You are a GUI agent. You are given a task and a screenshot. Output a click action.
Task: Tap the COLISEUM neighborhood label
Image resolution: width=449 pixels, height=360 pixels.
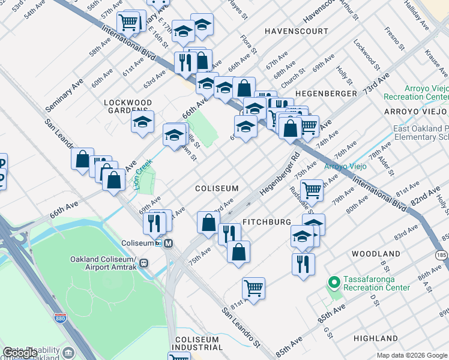tap(217, 188)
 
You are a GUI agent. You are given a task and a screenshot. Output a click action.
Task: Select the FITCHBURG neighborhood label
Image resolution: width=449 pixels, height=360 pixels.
tap(267, 222)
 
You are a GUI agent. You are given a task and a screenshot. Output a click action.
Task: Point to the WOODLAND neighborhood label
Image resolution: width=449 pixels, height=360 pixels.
tap(376, 254)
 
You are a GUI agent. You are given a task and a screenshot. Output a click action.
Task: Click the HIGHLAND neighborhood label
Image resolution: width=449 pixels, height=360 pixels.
tap(376, 338)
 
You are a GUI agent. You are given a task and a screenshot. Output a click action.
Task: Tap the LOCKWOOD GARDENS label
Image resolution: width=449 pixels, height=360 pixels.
tap(128, 106)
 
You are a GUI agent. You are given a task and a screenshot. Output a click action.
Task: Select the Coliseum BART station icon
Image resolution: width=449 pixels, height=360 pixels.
tap(169, 243)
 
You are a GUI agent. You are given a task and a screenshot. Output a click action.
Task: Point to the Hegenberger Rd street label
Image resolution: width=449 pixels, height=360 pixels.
tap(280, 175)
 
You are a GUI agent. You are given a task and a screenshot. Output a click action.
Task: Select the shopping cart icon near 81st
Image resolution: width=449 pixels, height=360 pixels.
tap(254, 288)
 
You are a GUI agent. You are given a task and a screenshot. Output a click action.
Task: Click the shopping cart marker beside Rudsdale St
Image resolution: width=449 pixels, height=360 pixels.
tap(312, 190)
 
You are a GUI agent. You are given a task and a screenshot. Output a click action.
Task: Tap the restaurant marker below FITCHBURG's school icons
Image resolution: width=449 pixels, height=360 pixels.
tap(303, 263)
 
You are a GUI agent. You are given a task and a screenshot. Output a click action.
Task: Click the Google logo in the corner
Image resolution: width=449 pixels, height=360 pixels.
tap(19, 353)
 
